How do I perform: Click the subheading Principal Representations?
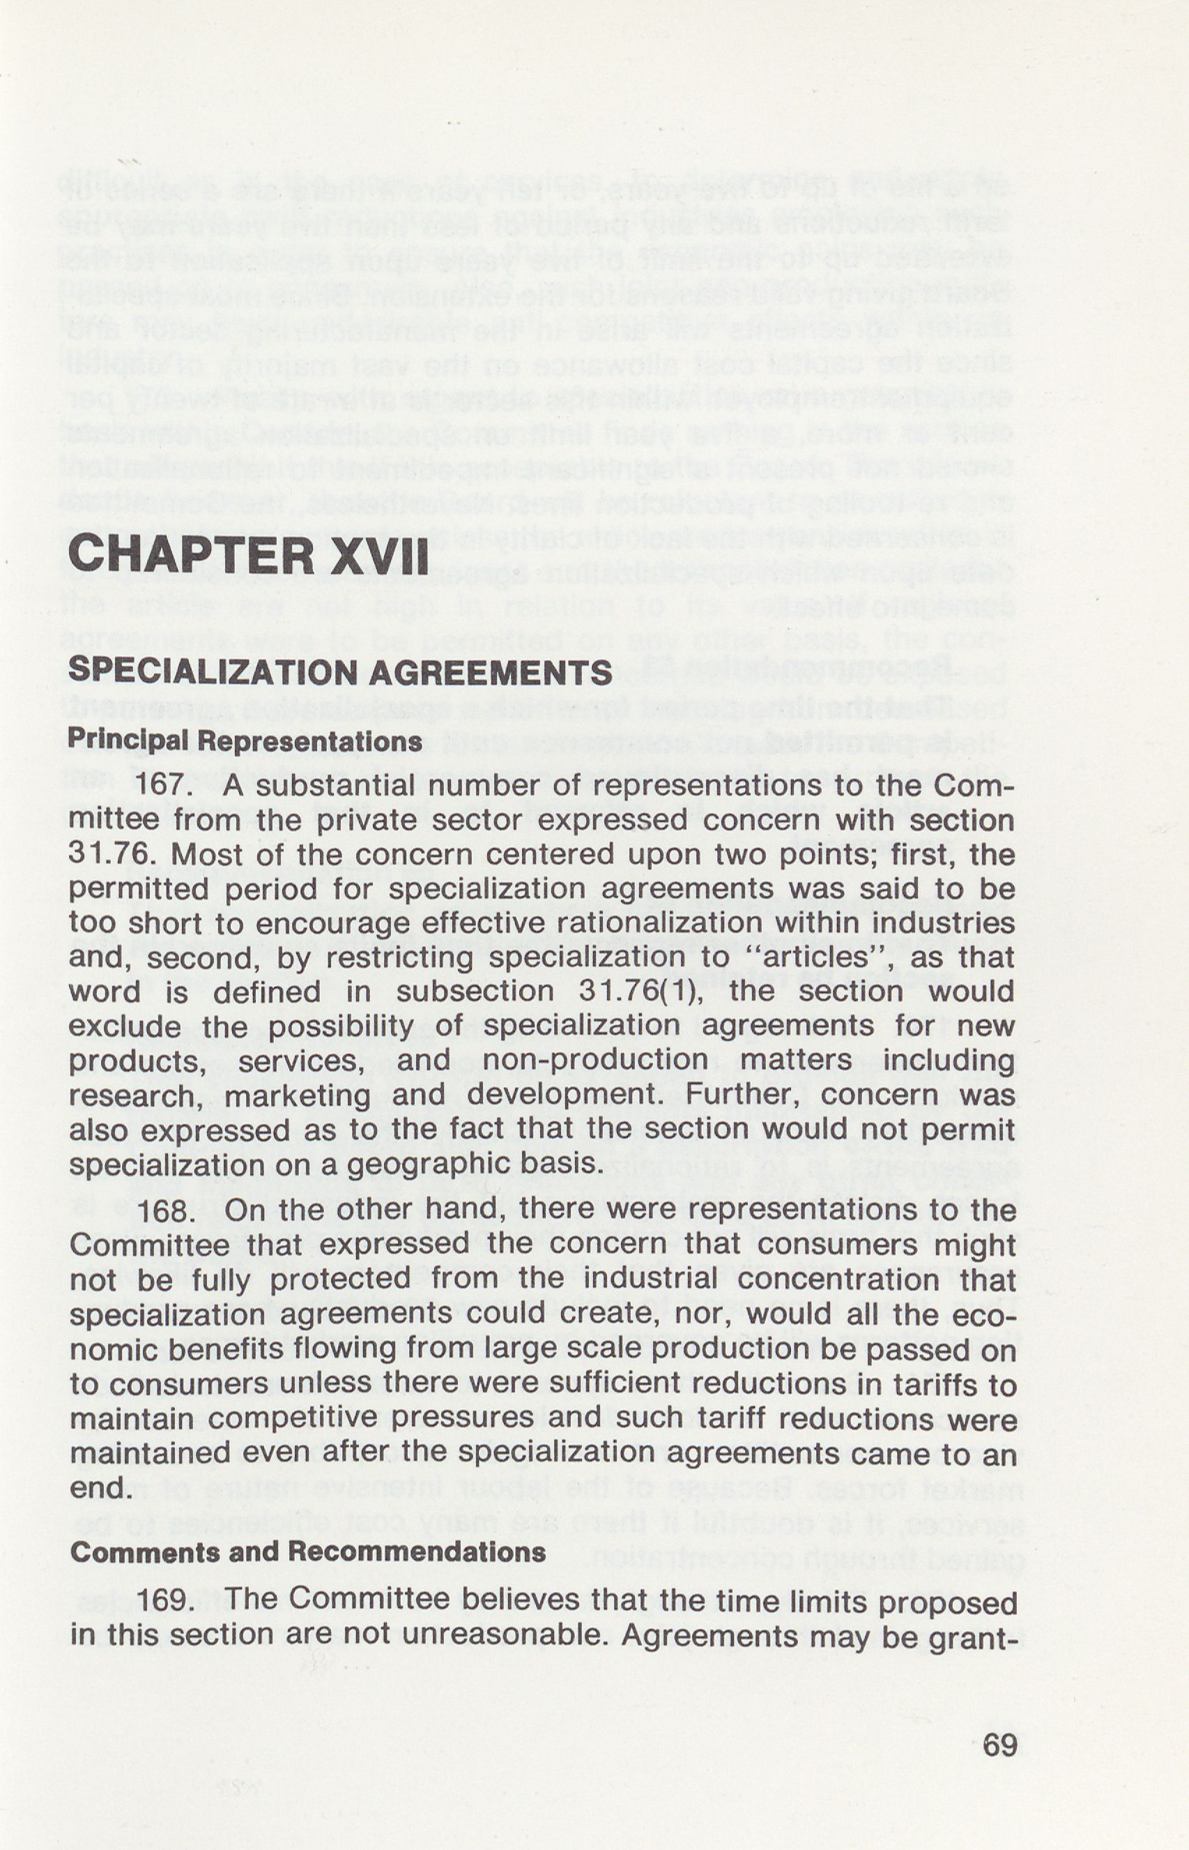click(x=245, y=740)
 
